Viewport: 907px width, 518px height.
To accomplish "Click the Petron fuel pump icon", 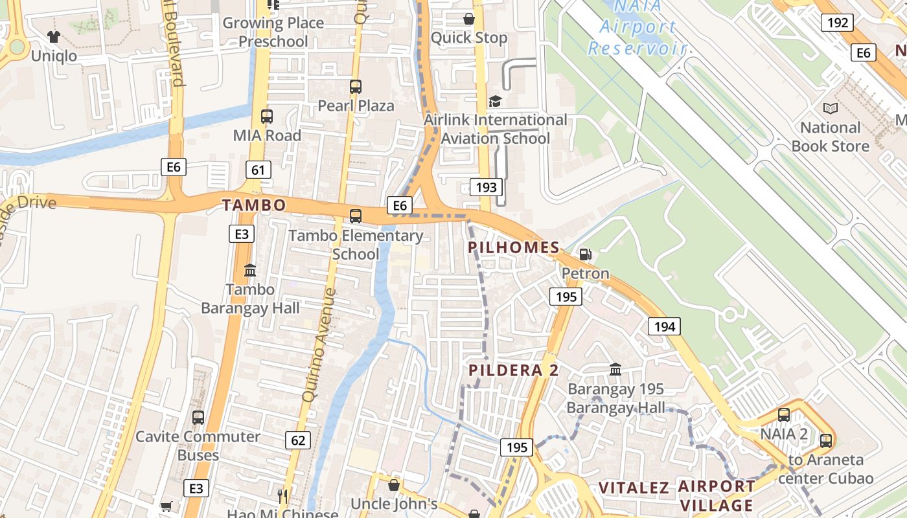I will (585, 254).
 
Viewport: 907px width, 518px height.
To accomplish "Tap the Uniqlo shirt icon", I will (54, 37).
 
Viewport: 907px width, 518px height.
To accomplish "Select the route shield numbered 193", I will (486, 188).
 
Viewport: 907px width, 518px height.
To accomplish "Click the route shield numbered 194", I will (665, 326).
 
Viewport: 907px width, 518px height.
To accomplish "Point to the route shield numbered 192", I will (837, 23).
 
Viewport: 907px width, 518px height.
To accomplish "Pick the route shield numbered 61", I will (258, 170).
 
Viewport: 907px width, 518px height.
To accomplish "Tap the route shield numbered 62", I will (298, 441).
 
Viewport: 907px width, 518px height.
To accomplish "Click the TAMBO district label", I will (254, 205).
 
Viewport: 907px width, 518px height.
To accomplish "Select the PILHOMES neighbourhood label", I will (514, 247).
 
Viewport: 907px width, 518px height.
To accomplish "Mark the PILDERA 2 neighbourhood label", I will (514, 370).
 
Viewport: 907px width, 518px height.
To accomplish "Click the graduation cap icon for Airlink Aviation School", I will (495, 101).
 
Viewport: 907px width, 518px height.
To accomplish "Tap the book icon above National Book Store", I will (830, 109).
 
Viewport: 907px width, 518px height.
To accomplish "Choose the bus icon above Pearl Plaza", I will (355, 87).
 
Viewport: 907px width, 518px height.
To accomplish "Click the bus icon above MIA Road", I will (267, 117).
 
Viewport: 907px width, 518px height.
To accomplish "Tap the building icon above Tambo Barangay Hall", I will (250, 270).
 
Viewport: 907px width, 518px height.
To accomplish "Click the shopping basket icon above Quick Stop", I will (468, 19).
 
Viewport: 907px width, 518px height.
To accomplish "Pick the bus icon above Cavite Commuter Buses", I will (198, 418).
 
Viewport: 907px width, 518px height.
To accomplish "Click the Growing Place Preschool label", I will (273, 32).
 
